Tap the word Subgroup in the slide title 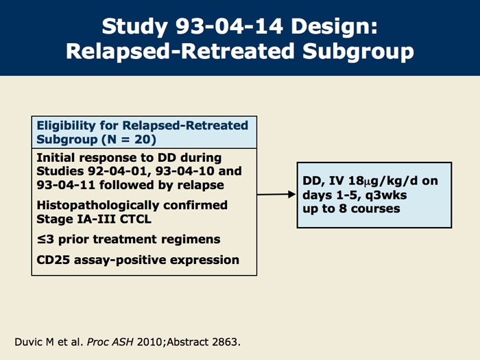click(358, 51)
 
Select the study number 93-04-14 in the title click(229, 26)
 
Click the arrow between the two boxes click(276, 194)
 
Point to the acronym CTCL click(136, 219)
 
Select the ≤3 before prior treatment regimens click(45, 239)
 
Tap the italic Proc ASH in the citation click(110, 342)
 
